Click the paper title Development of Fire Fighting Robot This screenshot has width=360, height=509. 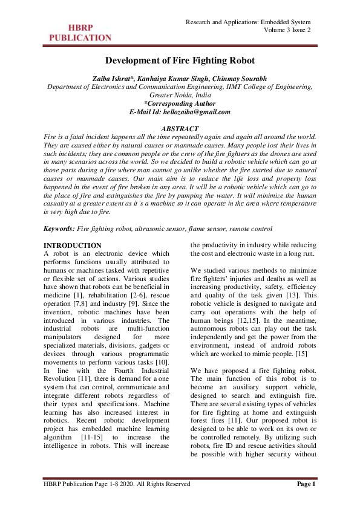[x=180, y=61]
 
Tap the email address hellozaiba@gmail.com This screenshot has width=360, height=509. [x=200, y=112]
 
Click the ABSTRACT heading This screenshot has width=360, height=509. [x=180, y=129]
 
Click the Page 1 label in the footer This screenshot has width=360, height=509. [x=306, y=484]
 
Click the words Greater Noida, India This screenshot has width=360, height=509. [x=180, y=96]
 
